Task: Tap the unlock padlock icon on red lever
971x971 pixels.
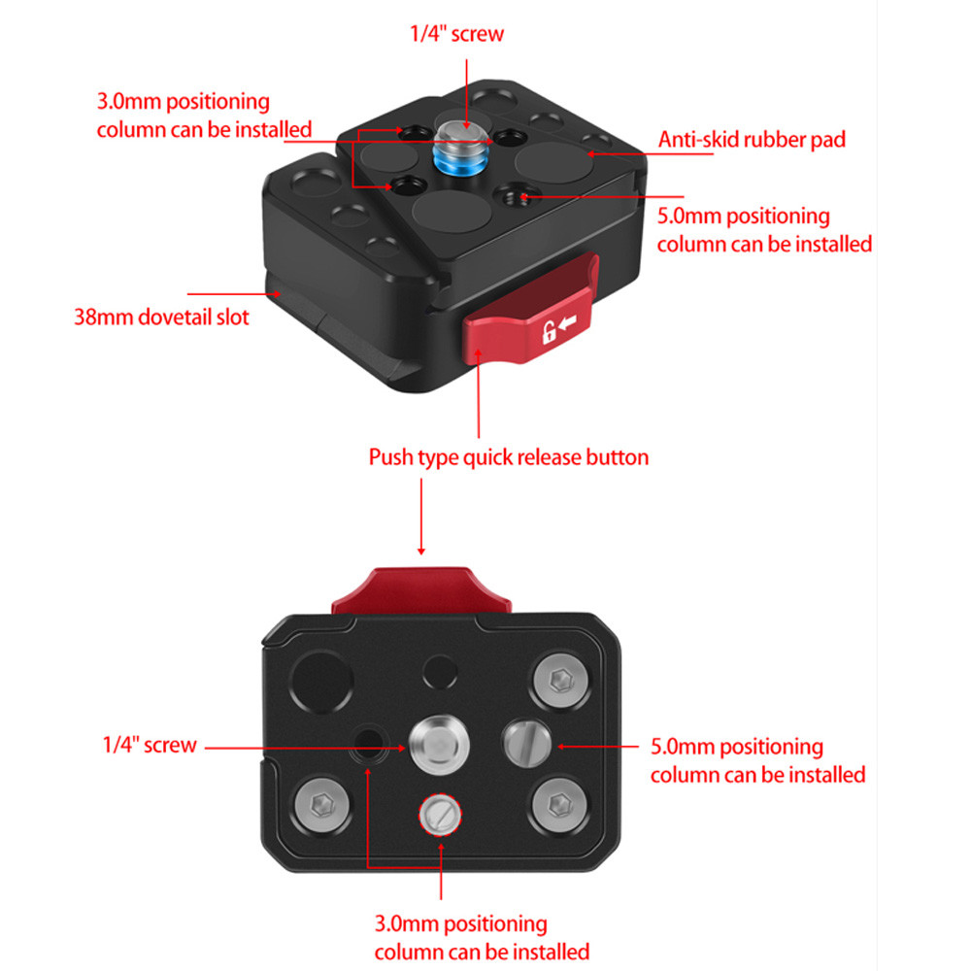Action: pyautogui.click(x=550, y=332)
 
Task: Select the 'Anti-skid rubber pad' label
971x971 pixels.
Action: pyautogui.click(x=752, y=139)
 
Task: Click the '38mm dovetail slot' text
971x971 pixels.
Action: pyautogui.click(x=161, y=317)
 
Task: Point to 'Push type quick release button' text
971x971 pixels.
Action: pyautogui.click(x=508, y=456)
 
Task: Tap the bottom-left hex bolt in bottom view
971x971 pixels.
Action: pyautogui.click(x=318, y=803)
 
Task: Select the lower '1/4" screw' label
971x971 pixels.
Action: pyautogui.click(x=150, y=746)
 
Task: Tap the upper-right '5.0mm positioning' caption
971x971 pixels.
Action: pyautogui.click(x=764, y=229)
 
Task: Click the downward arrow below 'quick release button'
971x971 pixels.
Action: pyautogui.click(x=421, y=524)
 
